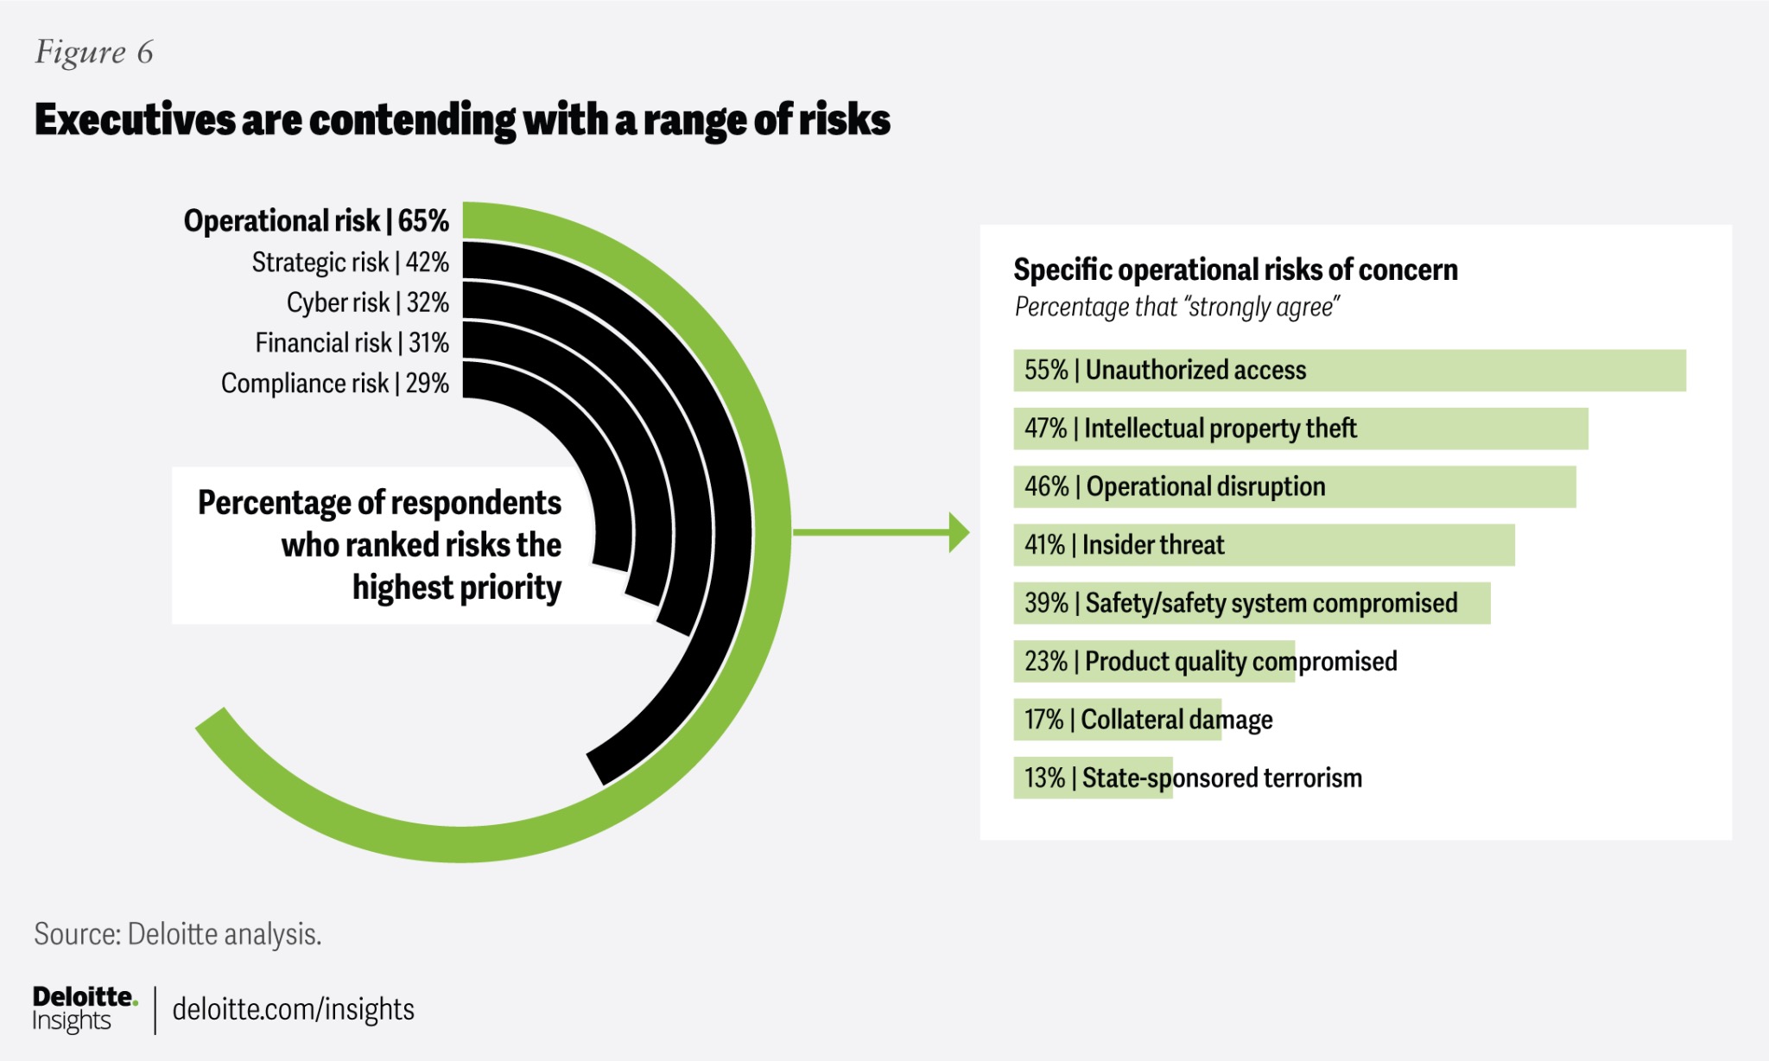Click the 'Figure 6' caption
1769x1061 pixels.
coord(93,53)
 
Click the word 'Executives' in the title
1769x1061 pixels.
coord(135,119)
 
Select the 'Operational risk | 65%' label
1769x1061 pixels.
coord(316,221)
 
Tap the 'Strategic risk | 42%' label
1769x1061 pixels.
coord(350,262)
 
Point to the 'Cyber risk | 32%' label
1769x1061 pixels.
coord(367,302)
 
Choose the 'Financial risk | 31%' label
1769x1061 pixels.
coord(352,343)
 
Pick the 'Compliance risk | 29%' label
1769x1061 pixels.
coord(335,383)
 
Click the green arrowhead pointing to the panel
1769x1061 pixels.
coord(958,532)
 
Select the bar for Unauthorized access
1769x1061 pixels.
coord(1349,371)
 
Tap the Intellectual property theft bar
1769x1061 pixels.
coord(1300,429)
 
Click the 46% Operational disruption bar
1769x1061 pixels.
coord(1294,487)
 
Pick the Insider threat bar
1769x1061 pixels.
coord(1264,545)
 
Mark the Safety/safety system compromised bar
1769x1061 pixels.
coord(1252,603)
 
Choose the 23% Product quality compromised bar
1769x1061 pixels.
coord(1154,662)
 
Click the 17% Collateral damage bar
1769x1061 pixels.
coord(1118,720)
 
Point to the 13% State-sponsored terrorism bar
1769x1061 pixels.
coord(1093,778)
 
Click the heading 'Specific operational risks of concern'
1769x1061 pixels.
coord(1235,270)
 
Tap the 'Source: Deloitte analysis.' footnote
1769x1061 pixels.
coord(178,934)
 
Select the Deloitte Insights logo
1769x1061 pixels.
coord(84,1008)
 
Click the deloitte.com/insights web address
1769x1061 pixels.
coord(293,1009)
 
